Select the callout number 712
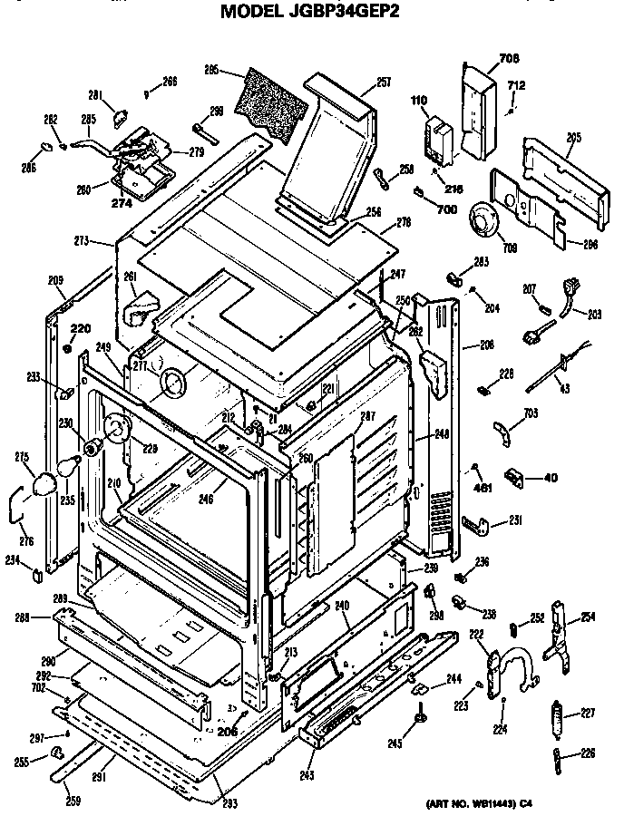[515, 86]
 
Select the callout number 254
[588, 617]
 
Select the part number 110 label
[418, 100]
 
